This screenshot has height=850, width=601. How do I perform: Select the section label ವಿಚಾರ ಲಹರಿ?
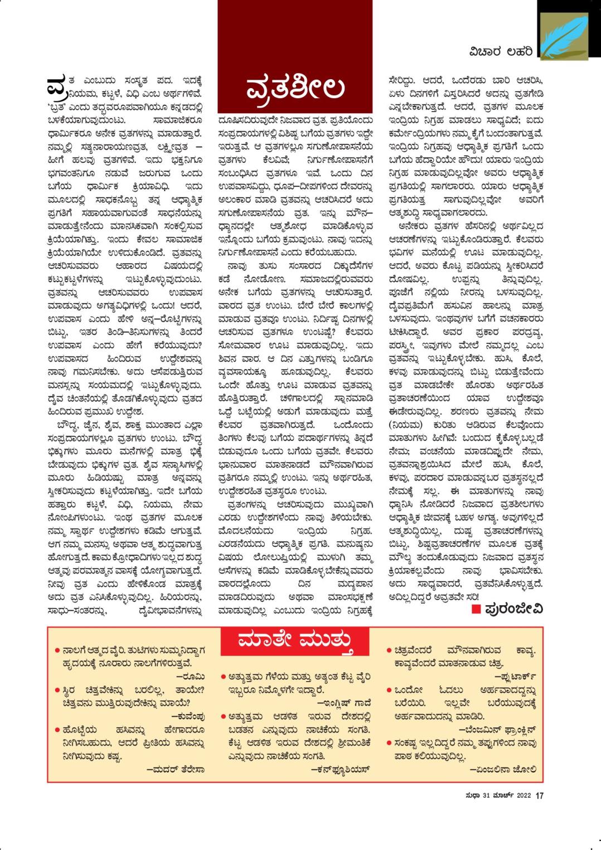[x=500, y=52]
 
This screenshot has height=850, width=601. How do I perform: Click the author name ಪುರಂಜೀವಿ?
[x=513, y=608]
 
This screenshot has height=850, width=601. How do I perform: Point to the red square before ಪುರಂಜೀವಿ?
[x=476, y=608]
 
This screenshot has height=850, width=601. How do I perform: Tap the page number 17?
[x=539, y=795]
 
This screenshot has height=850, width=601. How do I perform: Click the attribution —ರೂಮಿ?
[x=194, y=676]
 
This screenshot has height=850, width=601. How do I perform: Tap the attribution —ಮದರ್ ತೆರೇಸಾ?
[x=176, y=770]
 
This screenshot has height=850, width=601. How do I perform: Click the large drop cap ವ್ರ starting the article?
[x=57, y=86]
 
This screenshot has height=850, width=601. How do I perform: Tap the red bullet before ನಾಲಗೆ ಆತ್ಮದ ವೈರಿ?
[x=58, y=650]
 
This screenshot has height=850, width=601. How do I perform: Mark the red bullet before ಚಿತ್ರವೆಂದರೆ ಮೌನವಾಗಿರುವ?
[x=389, y=650]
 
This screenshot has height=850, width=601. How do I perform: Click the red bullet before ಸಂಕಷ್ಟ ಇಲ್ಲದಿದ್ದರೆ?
[x=389, y=743]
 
